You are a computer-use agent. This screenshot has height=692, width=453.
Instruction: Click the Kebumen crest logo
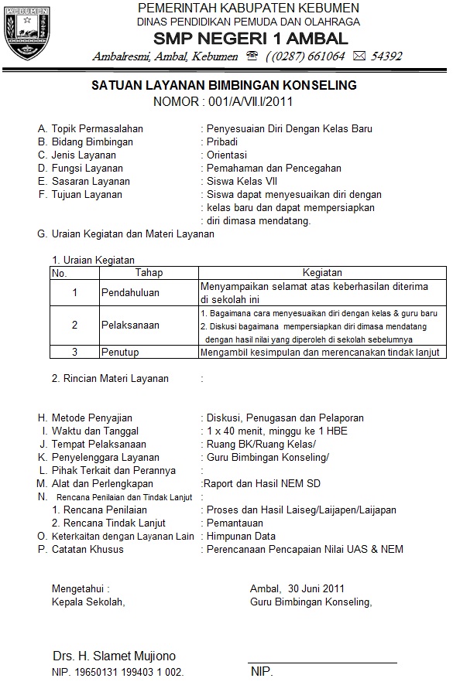[x=27, y=32]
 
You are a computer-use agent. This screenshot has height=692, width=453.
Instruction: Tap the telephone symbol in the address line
[x=252, y=56]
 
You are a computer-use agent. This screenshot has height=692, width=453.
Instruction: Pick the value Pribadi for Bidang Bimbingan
[x=221, y=141]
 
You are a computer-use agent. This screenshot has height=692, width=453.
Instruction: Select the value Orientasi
[x=226, y=155]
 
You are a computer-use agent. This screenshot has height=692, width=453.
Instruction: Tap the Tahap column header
[x=149, y=273]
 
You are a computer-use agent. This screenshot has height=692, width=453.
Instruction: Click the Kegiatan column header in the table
[x=322, y=273]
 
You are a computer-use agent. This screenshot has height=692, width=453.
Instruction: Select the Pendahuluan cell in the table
[x=129, y=292]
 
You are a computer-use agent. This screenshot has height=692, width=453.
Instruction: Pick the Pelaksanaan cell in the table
[x=130, y=326]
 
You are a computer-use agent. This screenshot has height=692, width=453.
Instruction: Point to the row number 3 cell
[x=74, y=352]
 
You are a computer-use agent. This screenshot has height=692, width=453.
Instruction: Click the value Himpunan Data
[x=241, y=536]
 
